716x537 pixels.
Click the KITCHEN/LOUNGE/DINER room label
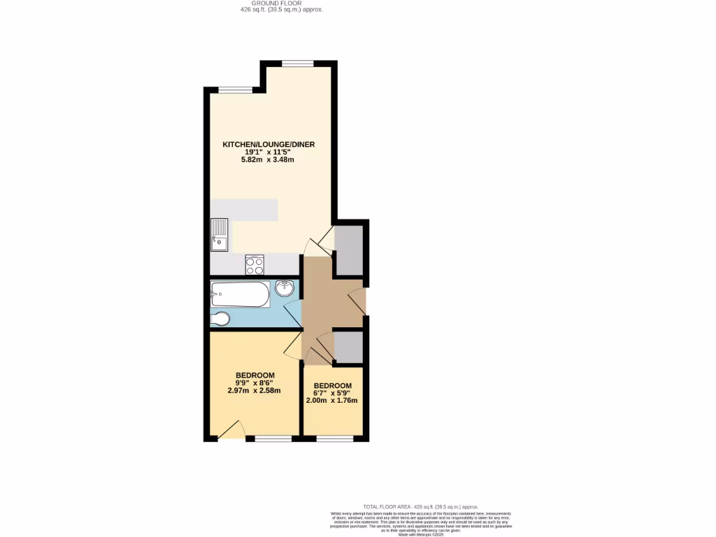point(268,145)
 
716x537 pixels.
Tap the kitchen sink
point(219,234)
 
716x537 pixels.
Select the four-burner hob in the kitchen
point(255,265)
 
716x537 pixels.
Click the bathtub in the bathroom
point(240,294)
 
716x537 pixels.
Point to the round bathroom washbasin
point(285,288)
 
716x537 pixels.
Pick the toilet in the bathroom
point(220,319)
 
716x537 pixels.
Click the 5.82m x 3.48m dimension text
point(268,160)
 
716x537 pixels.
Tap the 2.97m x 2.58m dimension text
point(254,390)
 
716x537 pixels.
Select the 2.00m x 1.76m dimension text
point(332,401)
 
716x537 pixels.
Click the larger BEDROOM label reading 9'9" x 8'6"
point(255,375)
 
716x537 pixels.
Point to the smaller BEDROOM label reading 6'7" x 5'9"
point(332,386)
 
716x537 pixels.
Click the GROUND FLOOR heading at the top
point(277,3)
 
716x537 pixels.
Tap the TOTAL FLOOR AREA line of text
point(420,506)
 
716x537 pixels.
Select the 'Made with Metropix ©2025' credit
point(421,534)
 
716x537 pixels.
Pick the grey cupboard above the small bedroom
point(348,347)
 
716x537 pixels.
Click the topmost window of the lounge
point(299,63)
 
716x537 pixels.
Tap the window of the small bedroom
point(334,438)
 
